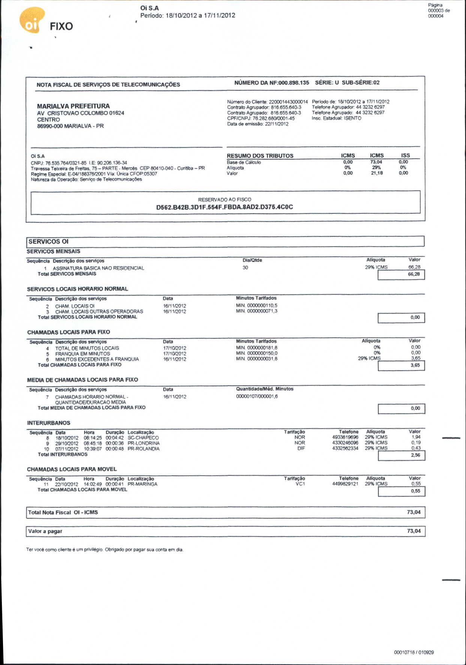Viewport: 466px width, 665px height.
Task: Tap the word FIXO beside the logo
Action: coord(61,27)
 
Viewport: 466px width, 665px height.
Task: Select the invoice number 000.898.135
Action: coord(294,83)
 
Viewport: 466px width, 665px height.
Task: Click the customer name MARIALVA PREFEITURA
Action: coord(73,106)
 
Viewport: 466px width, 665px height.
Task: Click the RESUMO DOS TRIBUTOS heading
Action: coord(260,156)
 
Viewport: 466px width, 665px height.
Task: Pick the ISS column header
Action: coord(405,155)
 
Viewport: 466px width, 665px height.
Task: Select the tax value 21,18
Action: coord(376,173)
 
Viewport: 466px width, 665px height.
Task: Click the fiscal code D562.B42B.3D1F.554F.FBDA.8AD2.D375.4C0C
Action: coord(225,207)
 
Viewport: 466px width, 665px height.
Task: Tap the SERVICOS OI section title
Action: coord(49,242)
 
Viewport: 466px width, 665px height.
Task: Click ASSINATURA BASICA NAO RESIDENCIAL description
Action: coord(98,268)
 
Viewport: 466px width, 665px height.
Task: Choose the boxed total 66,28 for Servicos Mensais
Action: coord(414,274)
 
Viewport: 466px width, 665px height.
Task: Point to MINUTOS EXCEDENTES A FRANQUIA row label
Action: coord(97,359)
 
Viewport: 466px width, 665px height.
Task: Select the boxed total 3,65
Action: coord(415,365)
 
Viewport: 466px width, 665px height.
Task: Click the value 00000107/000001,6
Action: coord(257,396)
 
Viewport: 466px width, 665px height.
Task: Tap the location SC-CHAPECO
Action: coord(143,438)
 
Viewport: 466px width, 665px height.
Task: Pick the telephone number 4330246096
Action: coord(345,443)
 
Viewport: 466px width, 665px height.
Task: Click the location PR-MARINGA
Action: coord(142,484)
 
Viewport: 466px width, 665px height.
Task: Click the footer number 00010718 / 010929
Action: coord(414,652)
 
